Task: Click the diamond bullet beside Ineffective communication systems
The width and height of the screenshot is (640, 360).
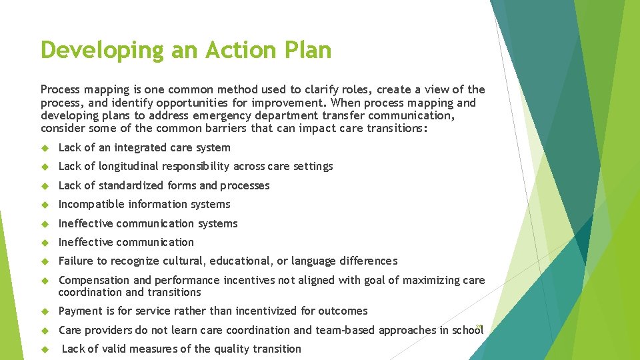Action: click(x=45, y=223)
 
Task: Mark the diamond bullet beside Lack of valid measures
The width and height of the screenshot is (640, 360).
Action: click(x=45, y=349)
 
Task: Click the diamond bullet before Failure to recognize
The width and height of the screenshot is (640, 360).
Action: click(x=45, y=261)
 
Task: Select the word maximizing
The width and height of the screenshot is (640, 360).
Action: click(x=427, y=280)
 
